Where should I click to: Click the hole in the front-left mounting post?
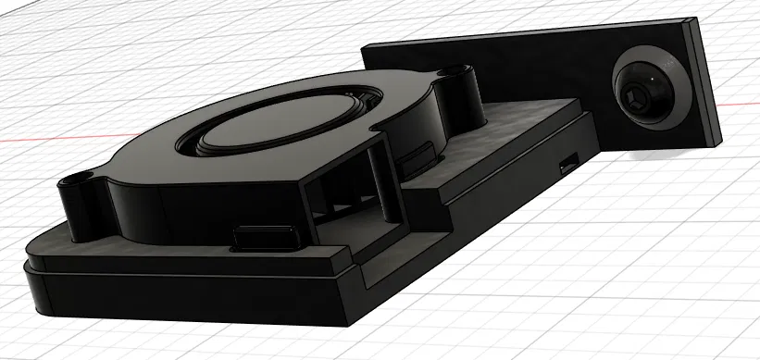[x=77, y=178]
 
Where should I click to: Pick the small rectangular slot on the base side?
[x=567, y=165]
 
